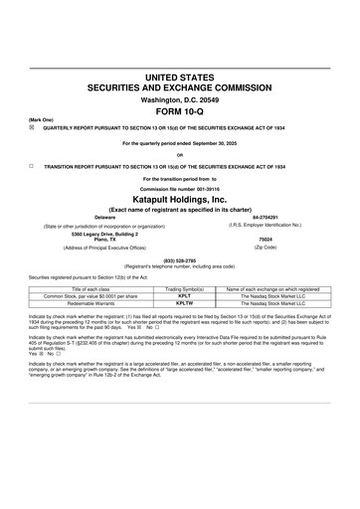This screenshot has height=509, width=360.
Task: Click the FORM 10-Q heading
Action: [181, 111]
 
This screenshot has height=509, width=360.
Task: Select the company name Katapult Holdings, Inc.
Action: [181, 199]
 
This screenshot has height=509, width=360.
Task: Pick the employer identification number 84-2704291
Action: [265, 217]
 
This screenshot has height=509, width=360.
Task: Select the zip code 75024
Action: [265, 240]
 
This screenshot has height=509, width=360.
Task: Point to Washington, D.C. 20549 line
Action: [181, 99]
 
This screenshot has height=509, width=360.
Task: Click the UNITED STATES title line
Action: [181, 77]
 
